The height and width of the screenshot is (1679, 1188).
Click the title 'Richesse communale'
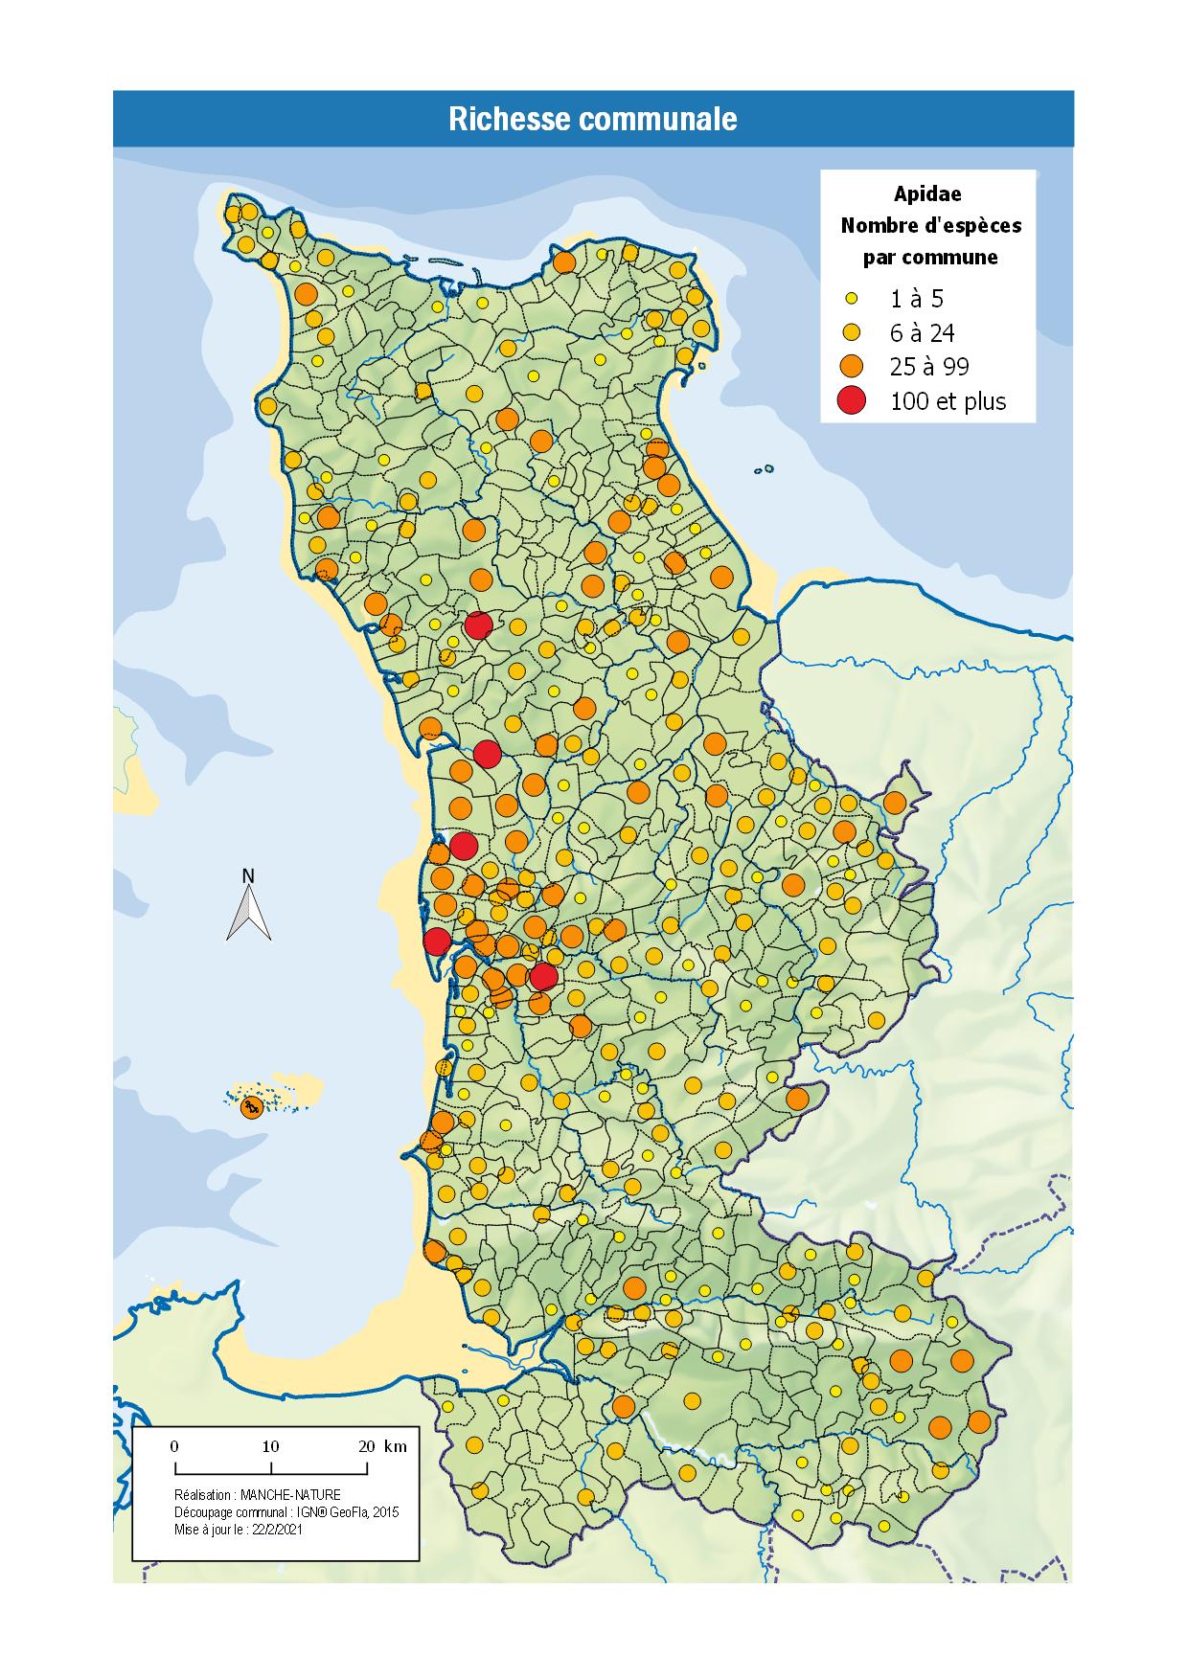tap(593, 120)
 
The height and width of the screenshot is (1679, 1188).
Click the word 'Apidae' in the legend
tap(927, 193)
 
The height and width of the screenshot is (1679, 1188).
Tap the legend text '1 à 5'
tap(917, 300)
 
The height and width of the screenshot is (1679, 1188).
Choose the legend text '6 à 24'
tap(922, 333)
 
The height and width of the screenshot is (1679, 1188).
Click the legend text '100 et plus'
tap(948, 401)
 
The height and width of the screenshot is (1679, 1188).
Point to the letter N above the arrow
tap(248, 875)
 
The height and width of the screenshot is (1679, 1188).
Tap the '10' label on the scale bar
tap(271, 1446)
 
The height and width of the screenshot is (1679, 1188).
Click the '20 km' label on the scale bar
tap(381, 1446)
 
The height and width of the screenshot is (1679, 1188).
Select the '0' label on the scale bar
tap(174, 1446)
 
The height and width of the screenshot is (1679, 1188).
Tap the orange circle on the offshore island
tap(252, 1107)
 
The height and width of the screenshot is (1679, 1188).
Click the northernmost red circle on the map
tap(478, 625)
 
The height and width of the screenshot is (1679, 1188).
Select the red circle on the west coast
tap(437, 942)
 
